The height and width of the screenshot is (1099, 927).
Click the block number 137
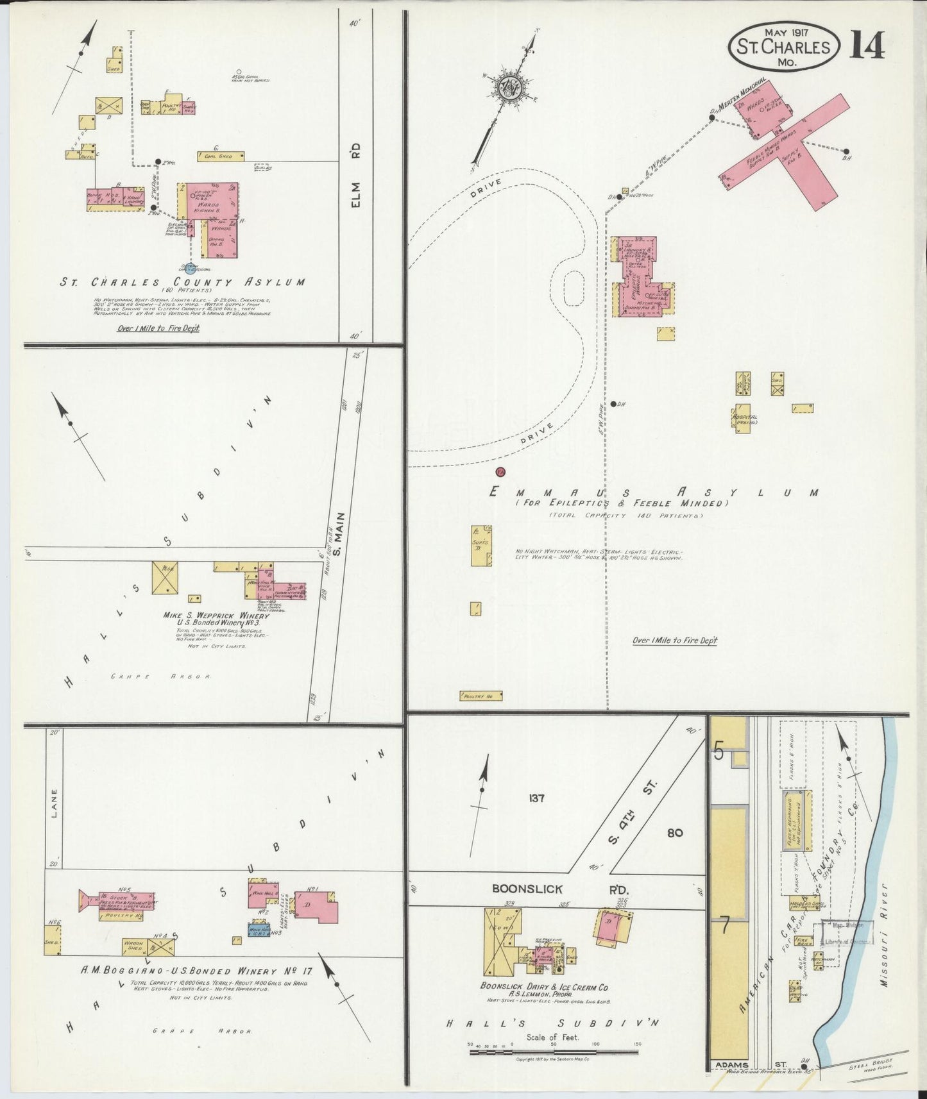pos(536,798)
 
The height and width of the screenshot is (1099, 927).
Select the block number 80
pos(674,833)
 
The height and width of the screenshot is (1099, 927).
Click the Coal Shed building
pos(221,156)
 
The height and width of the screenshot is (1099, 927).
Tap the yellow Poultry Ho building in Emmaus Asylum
pos(481,696)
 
